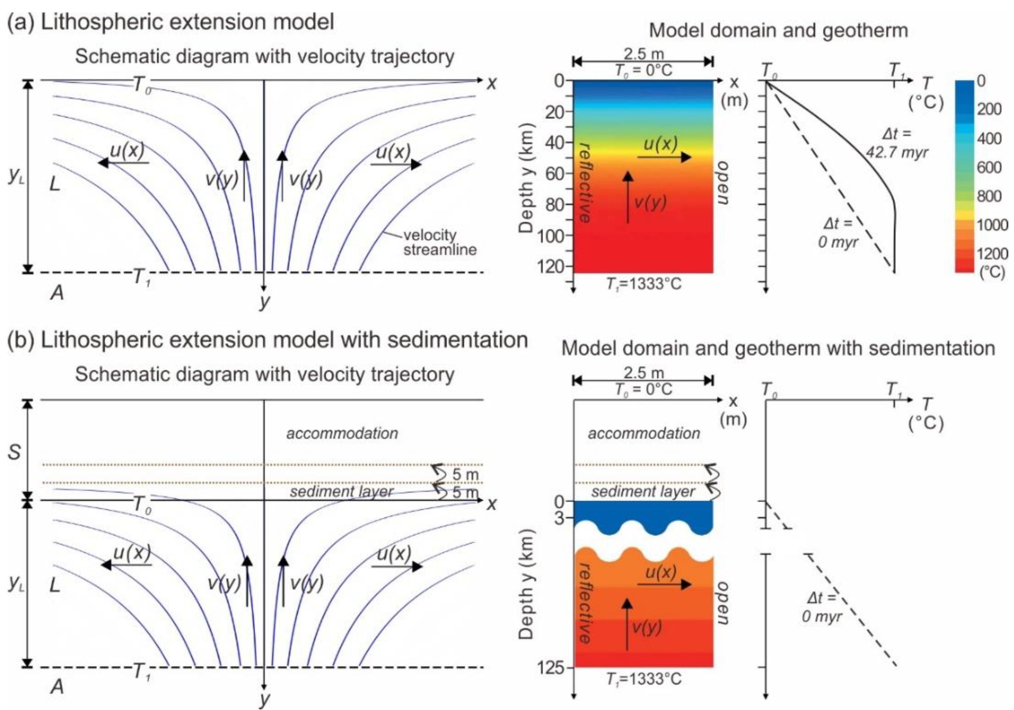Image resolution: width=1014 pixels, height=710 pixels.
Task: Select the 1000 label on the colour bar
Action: pos(991,225)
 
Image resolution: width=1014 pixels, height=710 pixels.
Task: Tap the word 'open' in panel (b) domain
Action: pos(722,603)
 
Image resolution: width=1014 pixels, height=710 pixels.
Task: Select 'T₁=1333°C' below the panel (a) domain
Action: pos(643,283)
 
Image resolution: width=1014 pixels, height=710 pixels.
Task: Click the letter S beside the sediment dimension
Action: pos(14,452)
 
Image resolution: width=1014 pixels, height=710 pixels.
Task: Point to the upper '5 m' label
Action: pos(465,474)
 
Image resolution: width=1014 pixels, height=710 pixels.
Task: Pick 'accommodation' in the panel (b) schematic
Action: pos(342,433)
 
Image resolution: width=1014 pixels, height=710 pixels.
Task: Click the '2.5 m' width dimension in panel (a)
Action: pos(643,54)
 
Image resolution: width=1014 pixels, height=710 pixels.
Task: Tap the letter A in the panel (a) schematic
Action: pos(57,292)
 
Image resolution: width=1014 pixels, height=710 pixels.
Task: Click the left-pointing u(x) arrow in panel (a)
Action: pos(123,162)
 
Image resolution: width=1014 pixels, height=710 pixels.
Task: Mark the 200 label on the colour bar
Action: pos(989,109)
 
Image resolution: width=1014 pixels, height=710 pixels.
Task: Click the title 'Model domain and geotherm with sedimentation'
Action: pos(778,348)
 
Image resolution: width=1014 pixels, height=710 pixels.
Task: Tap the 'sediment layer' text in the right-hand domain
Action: pos(643,491)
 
